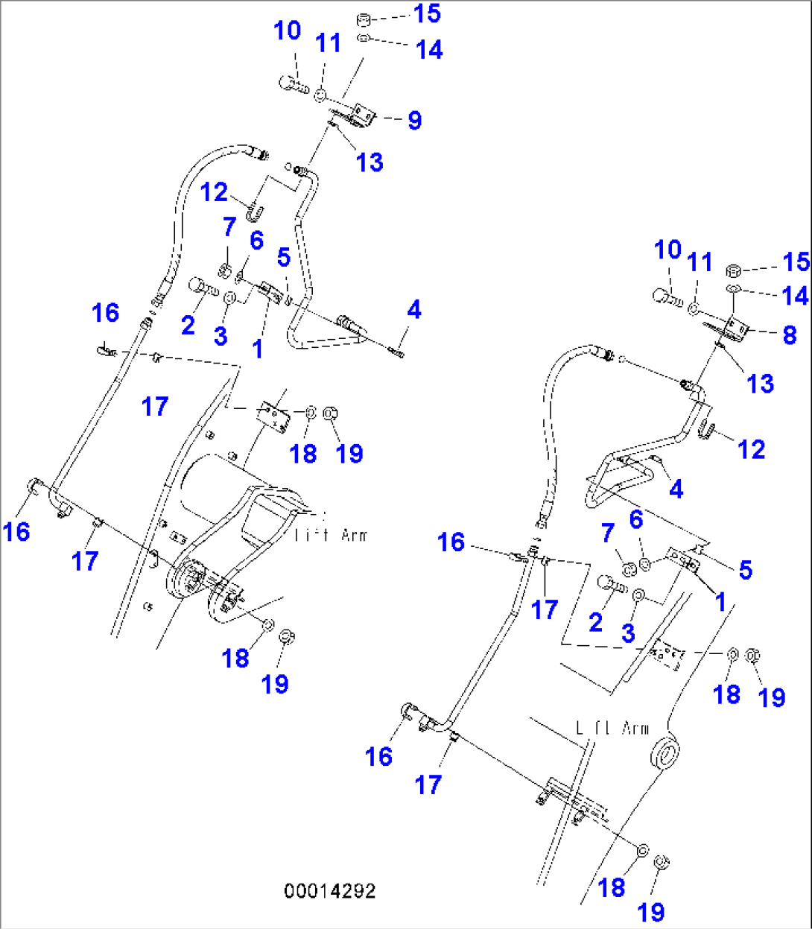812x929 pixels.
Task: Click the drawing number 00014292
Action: (329, 891)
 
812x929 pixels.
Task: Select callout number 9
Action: (414, 120)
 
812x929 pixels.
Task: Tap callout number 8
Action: (789, 335)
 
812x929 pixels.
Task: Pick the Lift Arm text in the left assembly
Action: (331, 534)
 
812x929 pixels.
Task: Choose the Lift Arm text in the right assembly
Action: (612, 728)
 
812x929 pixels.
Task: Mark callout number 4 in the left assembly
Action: (414, 309)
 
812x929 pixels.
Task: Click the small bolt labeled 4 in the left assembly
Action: (396, 350)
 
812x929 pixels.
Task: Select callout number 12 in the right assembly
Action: (751, 449)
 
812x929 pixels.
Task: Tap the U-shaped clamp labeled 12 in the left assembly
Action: (254, 212)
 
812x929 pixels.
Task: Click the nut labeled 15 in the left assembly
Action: (363, 19)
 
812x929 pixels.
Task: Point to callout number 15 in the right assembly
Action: (796, 261)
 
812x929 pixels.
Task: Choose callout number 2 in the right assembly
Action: (595, 621)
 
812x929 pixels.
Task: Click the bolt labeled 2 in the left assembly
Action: (203, 285)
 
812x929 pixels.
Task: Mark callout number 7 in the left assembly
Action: (229, 226)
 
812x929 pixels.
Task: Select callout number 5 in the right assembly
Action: (745, 570)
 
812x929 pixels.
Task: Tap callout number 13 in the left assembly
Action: (369, 162)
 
